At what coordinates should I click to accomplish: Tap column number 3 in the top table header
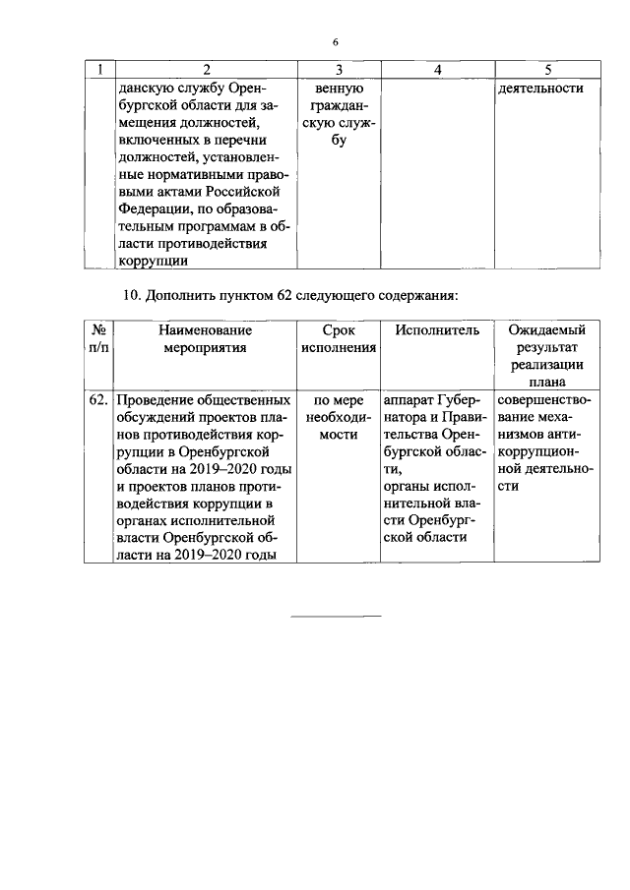pos(338,70)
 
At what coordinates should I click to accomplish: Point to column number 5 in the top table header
pos(547,70)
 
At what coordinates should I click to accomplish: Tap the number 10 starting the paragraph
pos(132,295)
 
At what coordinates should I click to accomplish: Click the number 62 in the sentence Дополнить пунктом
pos(270,295)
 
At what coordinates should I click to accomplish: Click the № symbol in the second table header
pos(98,330)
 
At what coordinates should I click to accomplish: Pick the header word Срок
pos(338,330)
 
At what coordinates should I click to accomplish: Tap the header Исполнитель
pos(437,330)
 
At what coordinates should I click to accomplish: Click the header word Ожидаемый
pos(547,330)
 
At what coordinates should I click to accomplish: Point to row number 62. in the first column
pos(98,400)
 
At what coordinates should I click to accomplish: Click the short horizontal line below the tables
pos(337,617)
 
